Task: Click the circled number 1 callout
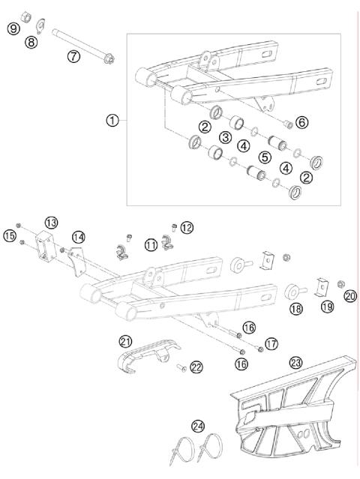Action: (x=112, y=120)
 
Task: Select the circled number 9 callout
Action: (x=13, y=28)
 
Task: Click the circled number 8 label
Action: (x=31, y=43)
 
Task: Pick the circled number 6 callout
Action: (x=301, y=122)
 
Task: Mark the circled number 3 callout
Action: (x=224, y=137)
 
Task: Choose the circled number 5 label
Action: (x=265, y=157)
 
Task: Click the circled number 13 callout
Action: (x=51, y=223)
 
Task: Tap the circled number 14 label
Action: (x=77, y=237)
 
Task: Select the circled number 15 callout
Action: (x=9, y=235)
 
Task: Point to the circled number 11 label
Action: (x=151, y=244)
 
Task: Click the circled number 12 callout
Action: (x=187, y=226)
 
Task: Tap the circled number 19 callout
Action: (x=326, y=307)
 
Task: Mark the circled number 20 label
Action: (x=350, y=296)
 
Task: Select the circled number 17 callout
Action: (x=271, y=343)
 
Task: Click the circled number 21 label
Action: (x=124, y=340)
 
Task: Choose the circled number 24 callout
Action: (x=198, y=427)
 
